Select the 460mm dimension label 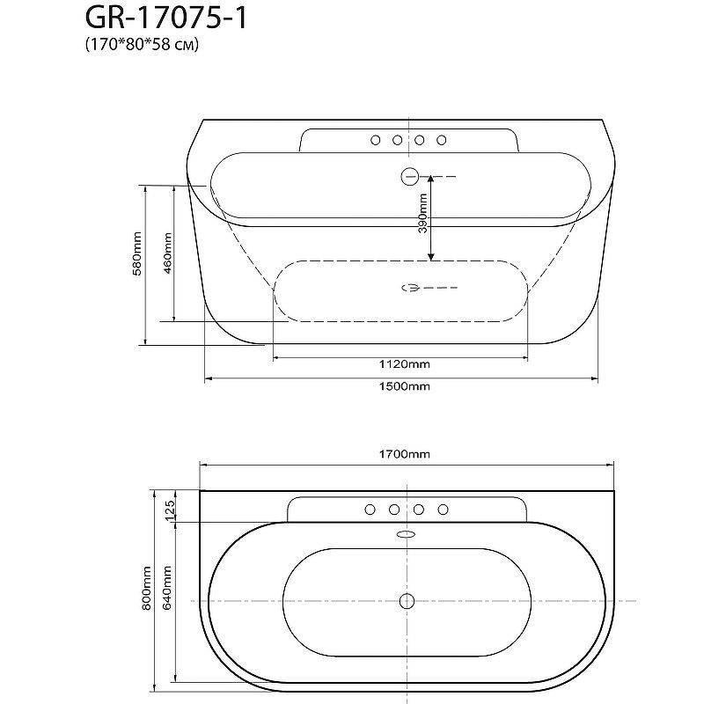167,254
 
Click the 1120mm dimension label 405,363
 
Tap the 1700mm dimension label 406,455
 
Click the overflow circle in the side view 408,176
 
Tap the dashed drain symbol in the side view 410,287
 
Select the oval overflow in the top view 407,533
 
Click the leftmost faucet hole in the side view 376,139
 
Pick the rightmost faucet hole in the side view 442,139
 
